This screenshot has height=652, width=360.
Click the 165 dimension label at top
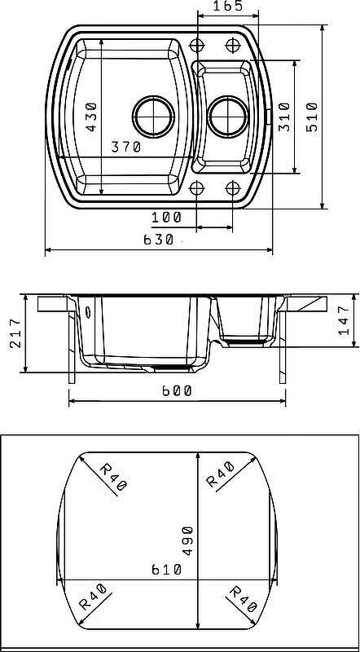[227, 7]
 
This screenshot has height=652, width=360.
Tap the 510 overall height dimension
[312, 117]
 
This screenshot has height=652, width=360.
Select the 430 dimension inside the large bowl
[91, 117]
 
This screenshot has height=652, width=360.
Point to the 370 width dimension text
[126, 147]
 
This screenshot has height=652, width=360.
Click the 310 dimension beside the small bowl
[284, 117]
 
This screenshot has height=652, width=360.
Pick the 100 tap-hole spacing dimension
[166, 217]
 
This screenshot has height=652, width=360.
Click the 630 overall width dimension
[158, 240]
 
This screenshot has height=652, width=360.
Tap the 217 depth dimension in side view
[14, 333]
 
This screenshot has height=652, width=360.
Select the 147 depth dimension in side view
[344, 320]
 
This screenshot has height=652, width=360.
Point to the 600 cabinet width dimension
[177, 391]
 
